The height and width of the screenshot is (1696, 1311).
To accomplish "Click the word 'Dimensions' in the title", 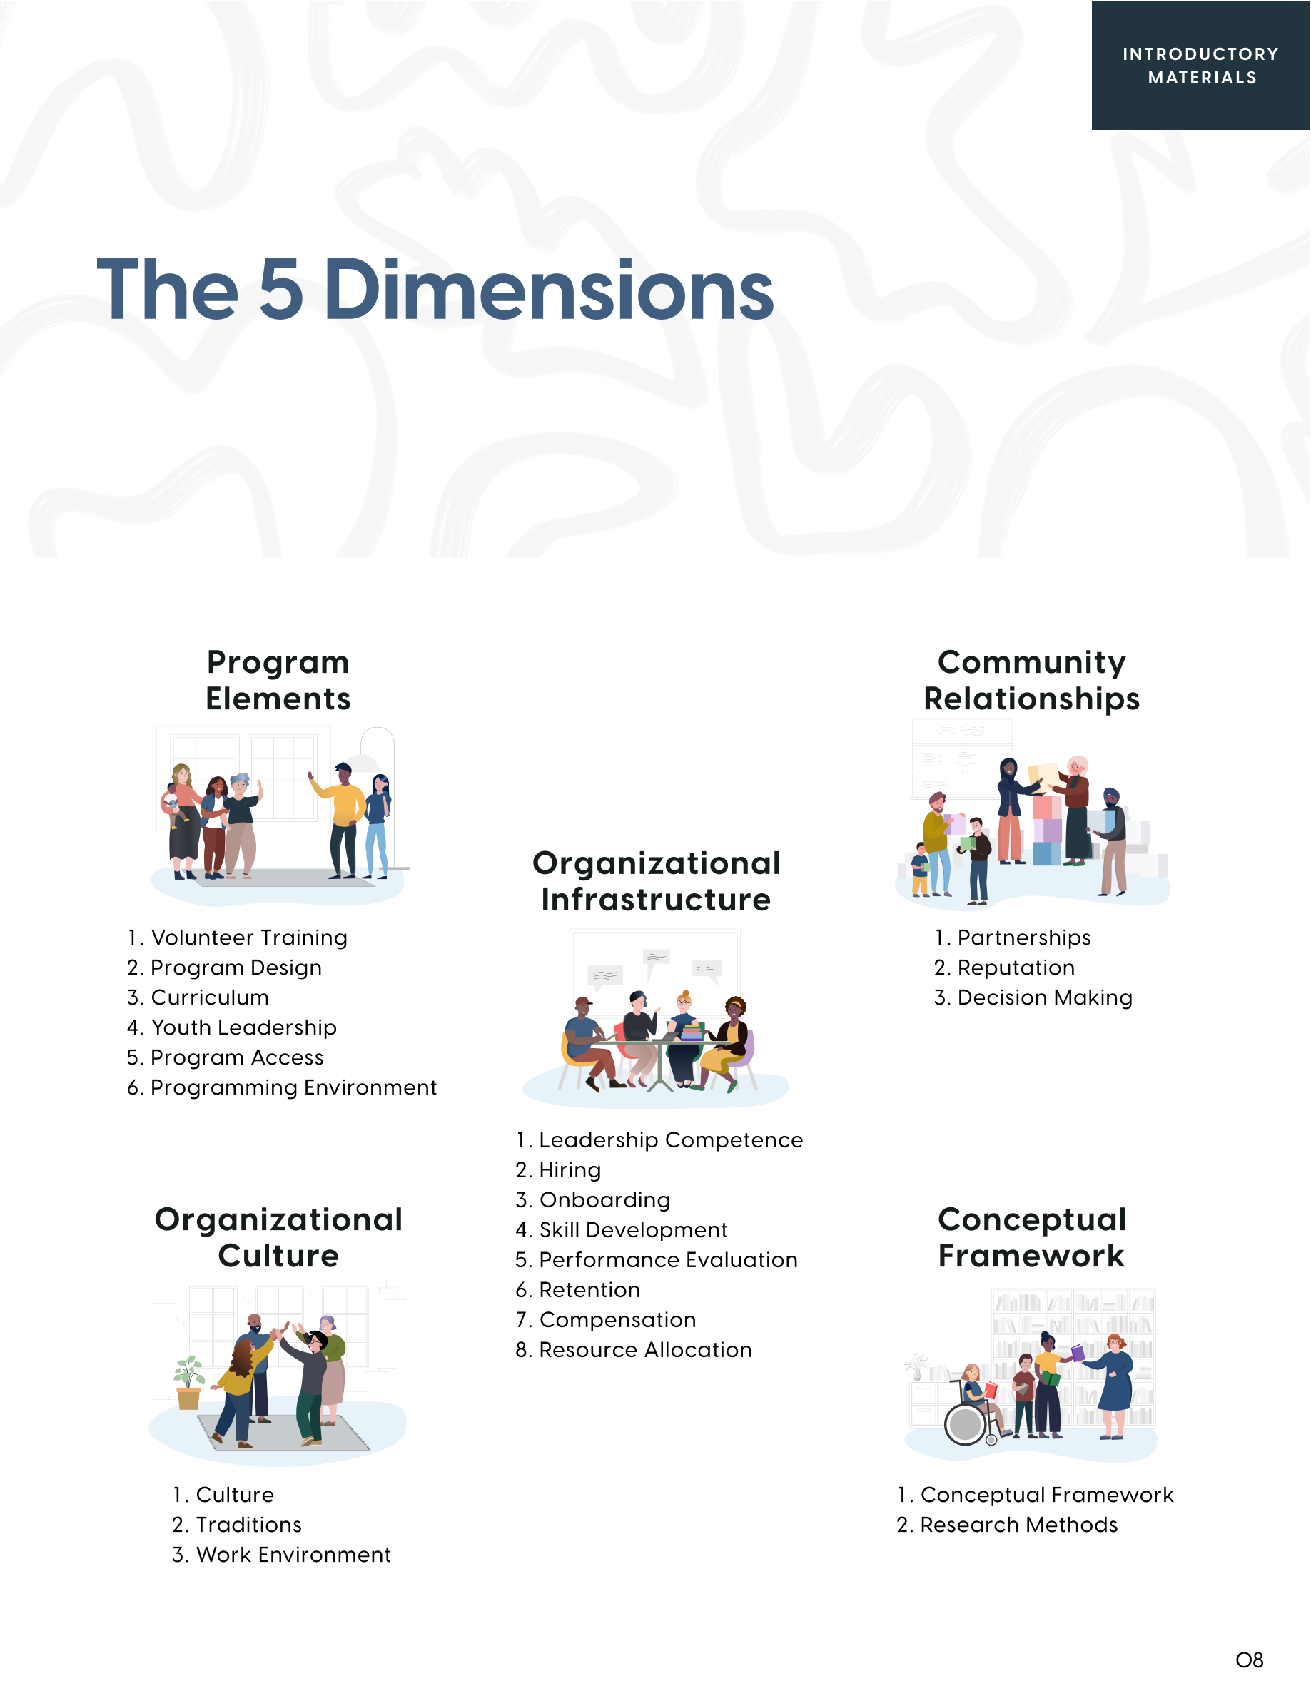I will [548, 290].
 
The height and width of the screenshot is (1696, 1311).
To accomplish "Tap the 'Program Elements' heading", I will [278, 680].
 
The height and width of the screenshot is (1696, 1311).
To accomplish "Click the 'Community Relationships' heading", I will [1031, 680].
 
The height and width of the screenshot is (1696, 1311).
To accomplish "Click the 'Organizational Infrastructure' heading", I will [657, 881].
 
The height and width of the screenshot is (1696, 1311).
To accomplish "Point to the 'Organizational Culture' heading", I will [278, 1237].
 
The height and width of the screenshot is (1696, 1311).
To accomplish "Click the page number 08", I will [1249, 1660].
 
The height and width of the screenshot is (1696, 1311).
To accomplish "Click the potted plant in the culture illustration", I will [188, 1383].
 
